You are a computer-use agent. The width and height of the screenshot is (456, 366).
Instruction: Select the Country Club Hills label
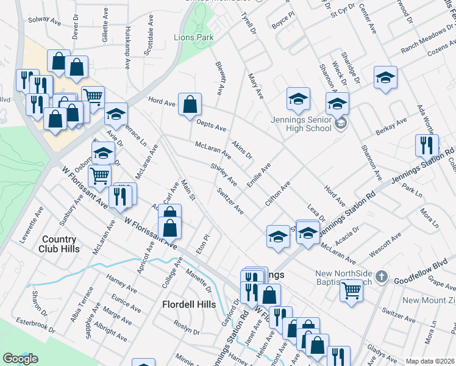click(59, 244)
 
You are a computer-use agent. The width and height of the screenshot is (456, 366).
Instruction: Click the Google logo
click(20, 359)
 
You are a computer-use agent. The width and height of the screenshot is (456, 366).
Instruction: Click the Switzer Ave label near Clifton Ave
click(230, 201)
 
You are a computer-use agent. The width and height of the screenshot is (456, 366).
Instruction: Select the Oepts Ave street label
click(212, 125)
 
